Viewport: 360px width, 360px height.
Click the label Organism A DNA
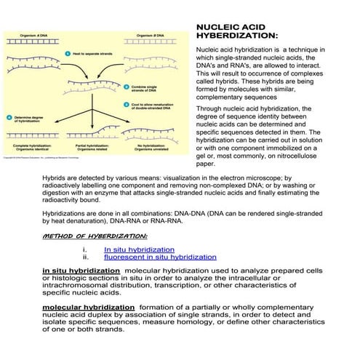pos(33,35)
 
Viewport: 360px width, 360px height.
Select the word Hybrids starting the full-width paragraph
pos(55,177)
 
